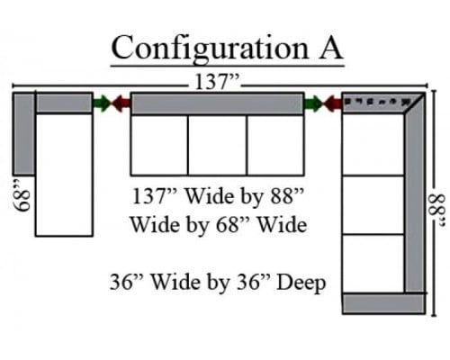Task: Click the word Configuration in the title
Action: point(210,49)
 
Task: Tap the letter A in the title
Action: point(330,48)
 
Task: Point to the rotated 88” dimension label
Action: point(436,211)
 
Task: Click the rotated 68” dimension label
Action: point(22,196)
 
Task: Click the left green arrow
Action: point(102,103)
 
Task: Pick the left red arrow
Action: point(121,103)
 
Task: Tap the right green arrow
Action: point(313,103)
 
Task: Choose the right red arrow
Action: point(332,103)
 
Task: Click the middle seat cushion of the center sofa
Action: point(218,145)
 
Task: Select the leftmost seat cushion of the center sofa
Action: point(159,145)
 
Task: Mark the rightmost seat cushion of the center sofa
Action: point(275,145)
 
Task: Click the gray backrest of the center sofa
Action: point(218,103)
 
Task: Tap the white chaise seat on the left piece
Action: point(64,175)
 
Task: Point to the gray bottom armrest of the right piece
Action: point(384,303)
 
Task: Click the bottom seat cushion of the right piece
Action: point(373,264)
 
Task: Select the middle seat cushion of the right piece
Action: point(373,205)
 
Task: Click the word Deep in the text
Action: point(301,283)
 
